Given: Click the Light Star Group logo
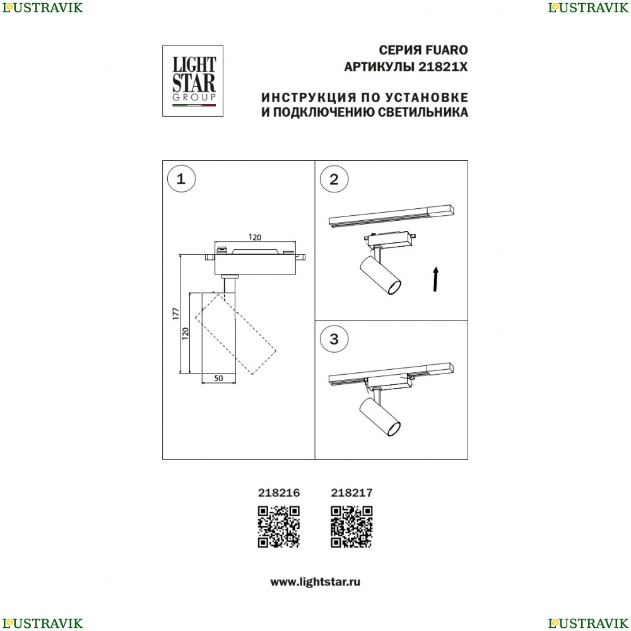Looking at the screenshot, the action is (192, 81).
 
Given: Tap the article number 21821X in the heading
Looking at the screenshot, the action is (443, 67).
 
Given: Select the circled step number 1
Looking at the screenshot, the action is (181, 179).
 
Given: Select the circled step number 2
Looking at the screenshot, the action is (334, 179).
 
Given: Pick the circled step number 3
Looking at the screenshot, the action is (334, 339).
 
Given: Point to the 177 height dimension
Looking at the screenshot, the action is (175, 314).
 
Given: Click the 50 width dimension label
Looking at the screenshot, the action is (218, 378).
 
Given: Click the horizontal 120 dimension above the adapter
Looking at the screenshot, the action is (255, 237).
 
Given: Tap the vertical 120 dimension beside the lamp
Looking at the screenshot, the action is (185, 333).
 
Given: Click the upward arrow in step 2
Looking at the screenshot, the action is (435, 279).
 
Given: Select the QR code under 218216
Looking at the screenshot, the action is (278, 527).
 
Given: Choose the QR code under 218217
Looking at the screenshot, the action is (351, 527).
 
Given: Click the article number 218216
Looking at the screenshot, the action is (279, 493).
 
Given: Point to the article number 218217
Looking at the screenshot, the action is (351, 493).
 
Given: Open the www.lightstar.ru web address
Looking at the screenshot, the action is (315, 582).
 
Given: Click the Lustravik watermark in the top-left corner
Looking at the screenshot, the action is (42, 8).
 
